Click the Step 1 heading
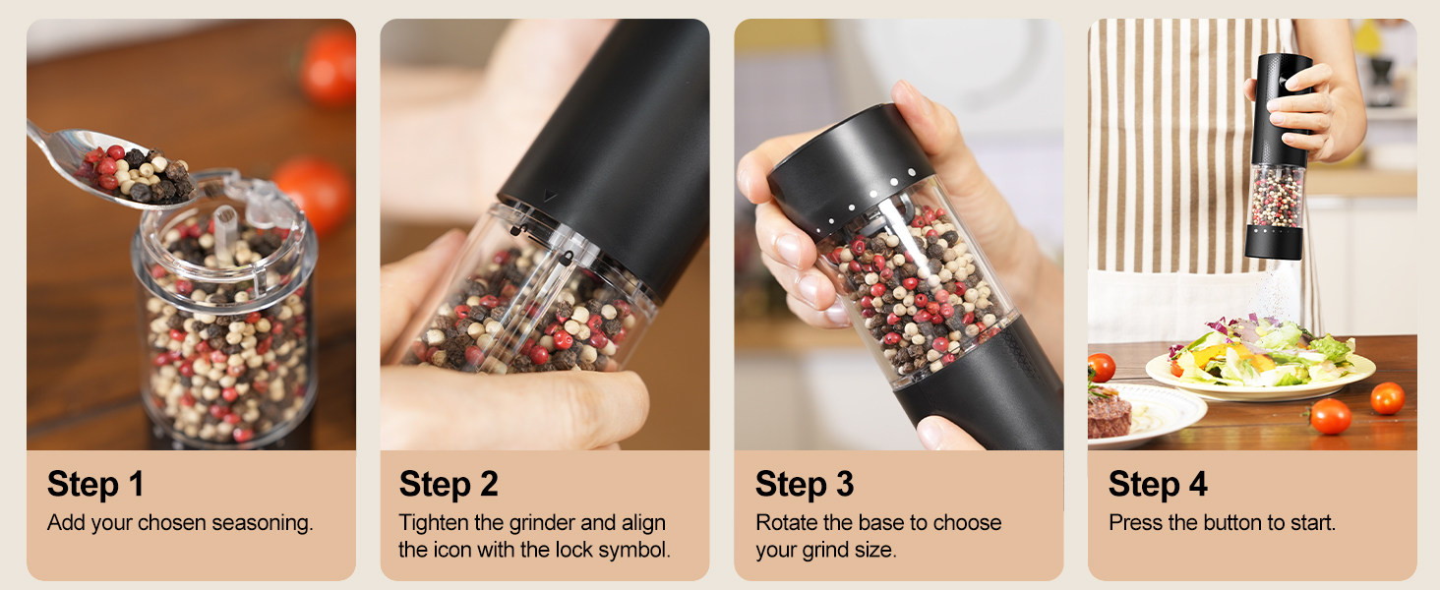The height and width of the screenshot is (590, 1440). coord(95,484)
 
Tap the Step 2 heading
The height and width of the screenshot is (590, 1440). coord(449,484)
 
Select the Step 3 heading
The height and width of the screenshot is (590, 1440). coord(804,484)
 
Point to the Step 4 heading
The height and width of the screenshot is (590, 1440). coord(1157,484)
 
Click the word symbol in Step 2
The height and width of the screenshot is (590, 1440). coord(635,551)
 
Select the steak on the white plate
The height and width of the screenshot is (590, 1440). coord(1109,414)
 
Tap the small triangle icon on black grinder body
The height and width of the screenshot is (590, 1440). coord(550,196)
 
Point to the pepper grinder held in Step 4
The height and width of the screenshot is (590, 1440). coord(1279,157)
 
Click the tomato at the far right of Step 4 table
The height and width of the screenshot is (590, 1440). coord(1387,397)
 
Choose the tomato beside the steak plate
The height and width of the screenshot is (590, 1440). coord(1330,416)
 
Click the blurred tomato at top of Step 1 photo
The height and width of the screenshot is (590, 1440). coord(329,67)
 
